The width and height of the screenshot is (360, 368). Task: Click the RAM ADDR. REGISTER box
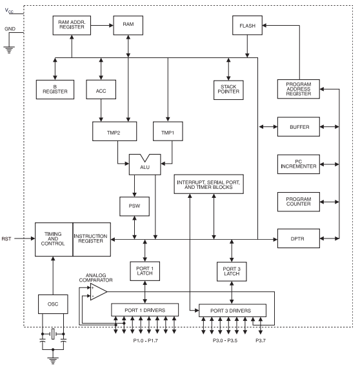72,25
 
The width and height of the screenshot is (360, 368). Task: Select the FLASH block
247,25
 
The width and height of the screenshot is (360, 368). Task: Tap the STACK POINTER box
228,90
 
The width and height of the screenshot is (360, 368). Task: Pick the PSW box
134,206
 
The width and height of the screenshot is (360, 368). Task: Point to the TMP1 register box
168,131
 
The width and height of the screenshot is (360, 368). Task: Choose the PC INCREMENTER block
299,164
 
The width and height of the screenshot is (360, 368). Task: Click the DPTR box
299,238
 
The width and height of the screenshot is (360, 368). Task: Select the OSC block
53,304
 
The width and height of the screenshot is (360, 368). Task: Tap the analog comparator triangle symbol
98,292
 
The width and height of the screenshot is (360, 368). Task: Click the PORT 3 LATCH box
232,271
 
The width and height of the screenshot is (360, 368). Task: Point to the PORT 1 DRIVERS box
145,310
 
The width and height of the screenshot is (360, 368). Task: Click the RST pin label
6,238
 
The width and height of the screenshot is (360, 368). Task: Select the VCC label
9,10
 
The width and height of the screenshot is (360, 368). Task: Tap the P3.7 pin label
261,340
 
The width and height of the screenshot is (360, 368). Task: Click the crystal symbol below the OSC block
53,334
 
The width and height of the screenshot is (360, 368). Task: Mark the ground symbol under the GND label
9,50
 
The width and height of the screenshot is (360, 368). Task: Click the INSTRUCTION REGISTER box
92,239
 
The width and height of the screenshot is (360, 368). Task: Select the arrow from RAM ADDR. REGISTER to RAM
102,25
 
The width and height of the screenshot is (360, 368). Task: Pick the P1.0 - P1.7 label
145,340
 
